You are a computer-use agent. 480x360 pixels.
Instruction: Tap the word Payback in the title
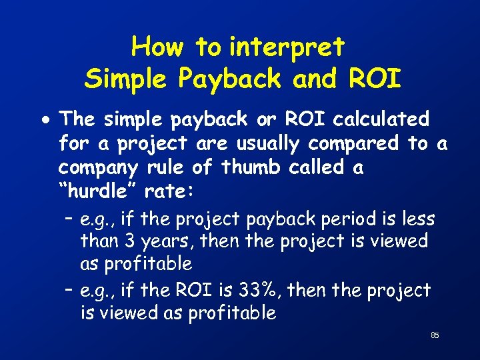(229, 79)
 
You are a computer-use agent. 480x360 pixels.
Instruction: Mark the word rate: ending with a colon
(169, 191)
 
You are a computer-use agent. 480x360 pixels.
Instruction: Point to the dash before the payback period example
(69, 219)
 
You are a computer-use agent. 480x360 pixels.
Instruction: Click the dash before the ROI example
(69, 291)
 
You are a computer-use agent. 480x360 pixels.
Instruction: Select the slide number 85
(435, 335)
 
